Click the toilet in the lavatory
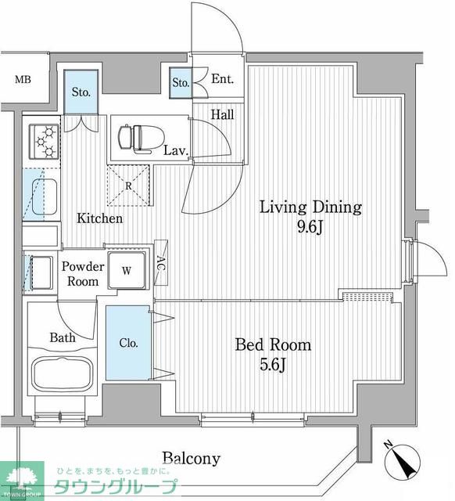[x=141, y=138]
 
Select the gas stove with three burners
[x=44, y=142]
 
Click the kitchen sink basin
[x=45, y=196]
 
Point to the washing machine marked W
[x=127, y=270]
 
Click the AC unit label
[x=162, y=263]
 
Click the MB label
[x=23, y=79]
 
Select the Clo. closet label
[x=128, y=343]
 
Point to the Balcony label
[x=192, y=459]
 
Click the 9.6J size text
[x=310, y=227]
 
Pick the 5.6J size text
[x=273, y=364]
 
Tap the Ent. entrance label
[x=222, y=79]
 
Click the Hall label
[x=222, y=114]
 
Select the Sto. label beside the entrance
[x=181, y=83]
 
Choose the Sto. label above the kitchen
[x=81, y=92]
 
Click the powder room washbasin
[x=41, y=272]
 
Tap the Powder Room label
[x=83, y=274]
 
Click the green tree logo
[x=23, y=480]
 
